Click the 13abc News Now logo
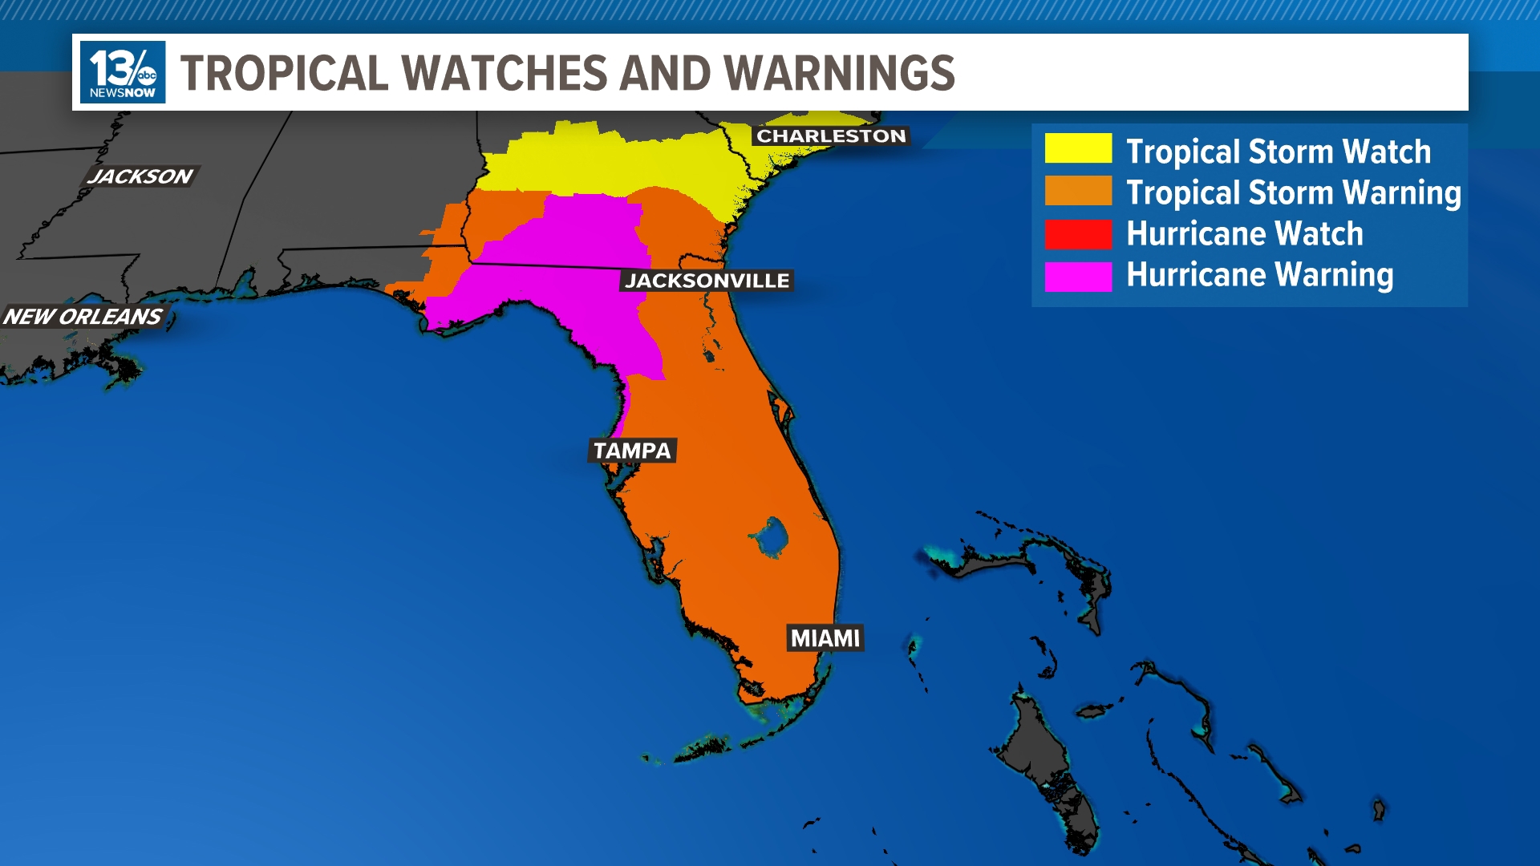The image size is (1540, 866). click(123, 72)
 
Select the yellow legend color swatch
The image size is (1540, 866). click(1077, 148)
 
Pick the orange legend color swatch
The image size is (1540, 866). click(1077, 191)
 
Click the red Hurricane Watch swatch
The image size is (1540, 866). click(1077, 233)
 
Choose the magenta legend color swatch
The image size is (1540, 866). click(1077, 276)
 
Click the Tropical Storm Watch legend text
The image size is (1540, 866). click(1278, 152)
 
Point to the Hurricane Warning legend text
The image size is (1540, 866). click(1259, 275)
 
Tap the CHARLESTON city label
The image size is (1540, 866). click(831, 136)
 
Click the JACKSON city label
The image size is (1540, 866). click(140, 176)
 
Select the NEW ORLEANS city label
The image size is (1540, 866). click(83, 317)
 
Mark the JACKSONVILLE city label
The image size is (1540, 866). click(707, 281)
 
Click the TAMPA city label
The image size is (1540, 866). click(632, 451)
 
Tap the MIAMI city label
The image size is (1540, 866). click(825, 638)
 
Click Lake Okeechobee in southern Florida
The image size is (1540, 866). click(771, 537)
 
